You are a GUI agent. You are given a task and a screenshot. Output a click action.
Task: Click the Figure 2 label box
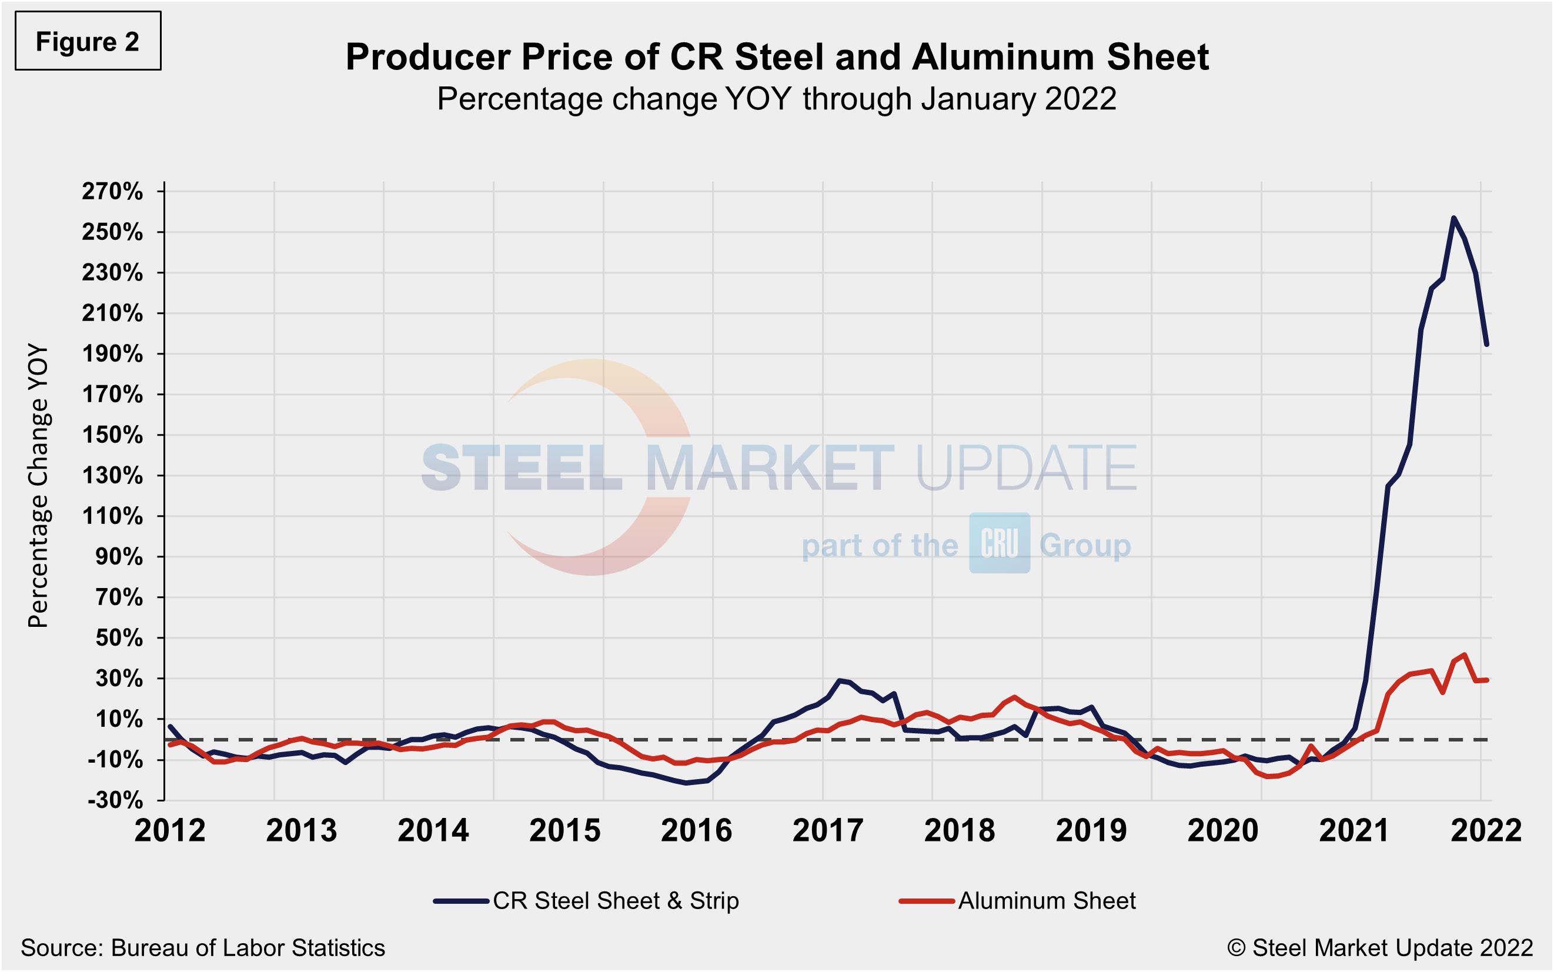88,41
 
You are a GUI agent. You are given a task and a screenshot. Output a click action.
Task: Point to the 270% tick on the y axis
112,192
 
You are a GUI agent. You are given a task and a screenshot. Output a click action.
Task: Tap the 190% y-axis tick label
112,353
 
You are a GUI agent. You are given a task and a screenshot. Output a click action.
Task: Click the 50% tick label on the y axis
119,638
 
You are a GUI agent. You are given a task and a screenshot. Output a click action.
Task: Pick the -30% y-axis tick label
115,800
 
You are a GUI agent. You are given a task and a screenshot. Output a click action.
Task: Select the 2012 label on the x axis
170,830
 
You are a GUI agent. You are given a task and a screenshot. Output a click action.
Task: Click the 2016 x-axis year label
696,830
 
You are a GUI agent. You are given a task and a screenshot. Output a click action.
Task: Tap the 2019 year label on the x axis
1091,830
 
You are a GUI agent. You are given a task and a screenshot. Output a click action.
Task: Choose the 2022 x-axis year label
1486,830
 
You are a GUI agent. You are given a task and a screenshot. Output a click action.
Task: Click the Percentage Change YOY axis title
38,485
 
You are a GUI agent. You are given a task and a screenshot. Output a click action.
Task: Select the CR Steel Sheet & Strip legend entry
586,901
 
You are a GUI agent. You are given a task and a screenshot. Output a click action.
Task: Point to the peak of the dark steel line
1453,218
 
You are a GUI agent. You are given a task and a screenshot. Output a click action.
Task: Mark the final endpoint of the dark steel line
1486,345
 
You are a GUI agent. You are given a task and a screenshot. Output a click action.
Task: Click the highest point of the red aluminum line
1465,654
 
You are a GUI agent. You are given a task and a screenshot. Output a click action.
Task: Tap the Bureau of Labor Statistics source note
202,947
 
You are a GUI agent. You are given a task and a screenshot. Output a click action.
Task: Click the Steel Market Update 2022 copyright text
1380,947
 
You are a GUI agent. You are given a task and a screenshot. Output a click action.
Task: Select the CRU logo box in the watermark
1000,543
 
